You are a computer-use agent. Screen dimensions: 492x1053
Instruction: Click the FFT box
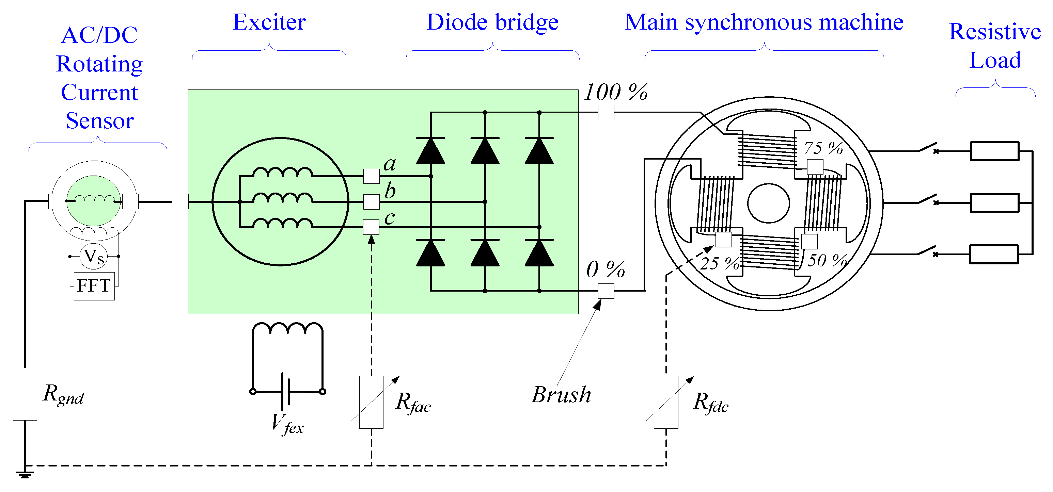(94, 286)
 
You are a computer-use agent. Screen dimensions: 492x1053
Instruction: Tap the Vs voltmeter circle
(94, 257)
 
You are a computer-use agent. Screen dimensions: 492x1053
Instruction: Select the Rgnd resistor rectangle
(25, 394)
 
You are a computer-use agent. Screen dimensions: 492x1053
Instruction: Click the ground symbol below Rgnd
(25, 474)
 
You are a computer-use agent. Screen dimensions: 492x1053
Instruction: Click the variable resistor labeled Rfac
(371, 402)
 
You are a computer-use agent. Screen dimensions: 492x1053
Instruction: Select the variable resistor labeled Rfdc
(666, 402)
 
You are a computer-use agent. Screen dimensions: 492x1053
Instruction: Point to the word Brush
(561, 395)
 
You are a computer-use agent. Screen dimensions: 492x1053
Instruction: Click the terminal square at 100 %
(606, 112)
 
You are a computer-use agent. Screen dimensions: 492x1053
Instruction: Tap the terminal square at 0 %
(606, 291)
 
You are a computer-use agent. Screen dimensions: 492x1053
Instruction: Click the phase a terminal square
(371, 176)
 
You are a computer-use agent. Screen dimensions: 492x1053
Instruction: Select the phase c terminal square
(371, 227)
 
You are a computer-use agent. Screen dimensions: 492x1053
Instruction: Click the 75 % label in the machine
(823, 148)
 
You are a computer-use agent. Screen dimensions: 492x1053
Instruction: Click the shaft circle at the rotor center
(769, 203)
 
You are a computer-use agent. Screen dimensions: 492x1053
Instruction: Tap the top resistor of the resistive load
(994, 151)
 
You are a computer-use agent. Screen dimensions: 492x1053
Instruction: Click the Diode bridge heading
(492, 22)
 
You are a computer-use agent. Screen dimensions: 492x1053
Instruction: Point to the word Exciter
(269, 22)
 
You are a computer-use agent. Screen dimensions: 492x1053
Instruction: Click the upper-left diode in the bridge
(430, 151)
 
